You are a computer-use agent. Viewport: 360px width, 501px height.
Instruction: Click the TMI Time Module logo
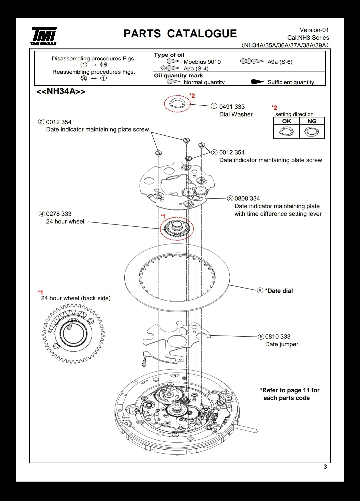(44, 36)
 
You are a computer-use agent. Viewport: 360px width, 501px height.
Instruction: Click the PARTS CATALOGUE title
(180, 34)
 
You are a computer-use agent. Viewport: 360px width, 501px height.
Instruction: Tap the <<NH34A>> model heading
(61, 91)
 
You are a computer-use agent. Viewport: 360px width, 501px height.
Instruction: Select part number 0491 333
(232, 107)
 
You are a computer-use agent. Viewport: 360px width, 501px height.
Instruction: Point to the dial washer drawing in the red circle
(177, 104)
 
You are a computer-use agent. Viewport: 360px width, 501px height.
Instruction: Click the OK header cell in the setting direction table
(286, 121)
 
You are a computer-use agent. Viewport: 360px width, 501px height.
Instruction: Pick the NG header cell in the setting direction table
(312, 121)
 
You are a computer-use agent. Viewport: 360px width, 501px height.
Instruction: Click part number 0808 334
(247, 198)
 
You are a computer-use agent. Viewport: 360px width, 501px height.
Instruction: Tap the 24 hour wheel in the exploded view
(177, 228)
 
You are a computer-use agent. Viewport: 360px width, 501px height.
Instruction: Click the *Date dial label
(279, 291)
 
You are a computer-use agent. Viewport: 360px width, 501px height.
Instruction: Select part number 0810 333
(278, 336)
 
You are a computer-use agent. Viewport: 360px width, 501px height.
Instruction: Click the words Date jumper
(282, 344)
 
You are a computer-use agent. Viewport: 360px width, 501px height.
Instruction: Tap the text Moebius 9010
(202, 62)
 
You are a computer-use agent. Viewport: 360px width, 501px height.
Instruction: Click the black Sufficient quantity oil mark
(257, 82)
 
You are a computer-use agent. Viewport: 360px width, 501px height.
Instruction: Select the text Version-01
(314, 30)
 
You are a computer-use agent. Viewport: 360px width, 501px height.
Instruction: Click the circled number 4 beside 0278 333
(42, 214)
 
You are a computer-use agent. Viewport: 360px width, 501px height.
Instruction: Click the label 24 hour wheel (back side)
(76, 298)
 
